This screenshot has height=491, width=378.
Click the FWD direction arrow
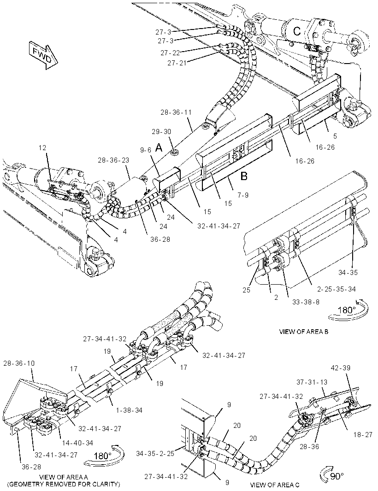coord(43,54)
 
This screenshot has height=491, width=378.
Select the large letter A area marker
coord(159,147)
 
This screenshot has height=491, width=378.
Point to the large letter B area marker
coord(244,176)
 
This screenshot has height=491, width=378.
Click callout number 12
coord(42,148)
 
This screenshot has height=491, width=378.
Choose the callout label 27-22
coord(170,53)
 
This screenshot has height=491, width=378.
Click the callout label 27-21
coord(177,63)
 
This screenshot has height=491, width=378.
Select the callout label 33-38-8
coord(306,303)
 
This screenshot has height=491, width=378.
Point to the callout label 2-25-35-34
coord(337,289)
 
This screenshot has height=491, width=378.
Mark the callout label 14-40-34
coord(78,443)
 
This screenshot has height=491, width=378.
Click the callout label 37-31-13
coord(312,382)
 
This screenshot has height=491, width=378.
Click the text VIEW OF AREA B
coord(304,332)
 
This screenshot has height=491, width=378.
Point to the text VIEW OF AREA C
coord(274,485)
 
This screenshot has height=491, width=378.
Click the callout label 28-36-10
coord(19,363)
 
